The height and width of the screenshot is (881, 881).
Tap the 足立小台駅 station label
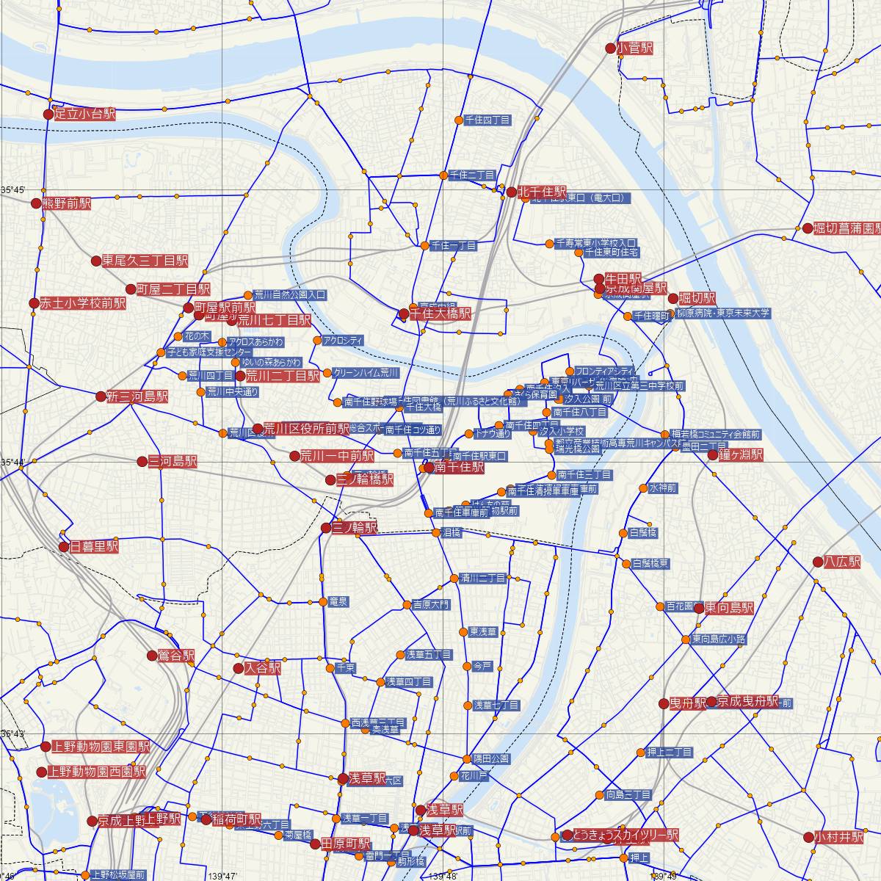pyautogui.click(x=85, y=115)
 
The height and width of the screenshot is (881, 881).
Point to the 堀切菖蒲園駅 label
pyautogui.click(x=846, y=228)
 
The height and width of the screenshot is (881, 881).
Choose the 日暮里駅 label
pyautogui.click(x=93, y=547)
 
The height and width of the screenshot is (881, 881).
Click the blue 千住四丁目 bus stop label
pyautogui.click(x=487, y=120)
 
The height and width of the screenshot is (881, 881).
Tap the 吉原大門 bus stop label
pyautogui.click(x=431, y=605)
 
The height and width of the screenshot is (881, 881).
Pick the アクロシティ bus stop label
pyautogui.click(x=343, y=341)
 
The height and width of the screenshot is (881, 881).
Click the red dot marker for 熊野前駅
pyautogui.click(x=37, y=203)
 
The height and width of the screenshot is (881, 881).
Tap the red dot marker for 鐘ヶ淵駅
pyautogui.click(x=711, y=455)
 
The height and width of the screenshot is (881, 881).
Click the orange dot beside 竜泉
pyautogui.click(x=322, y=602)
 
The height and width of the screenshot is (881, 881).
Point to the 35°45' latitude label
pyautogui.click(x=14, y=190)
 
